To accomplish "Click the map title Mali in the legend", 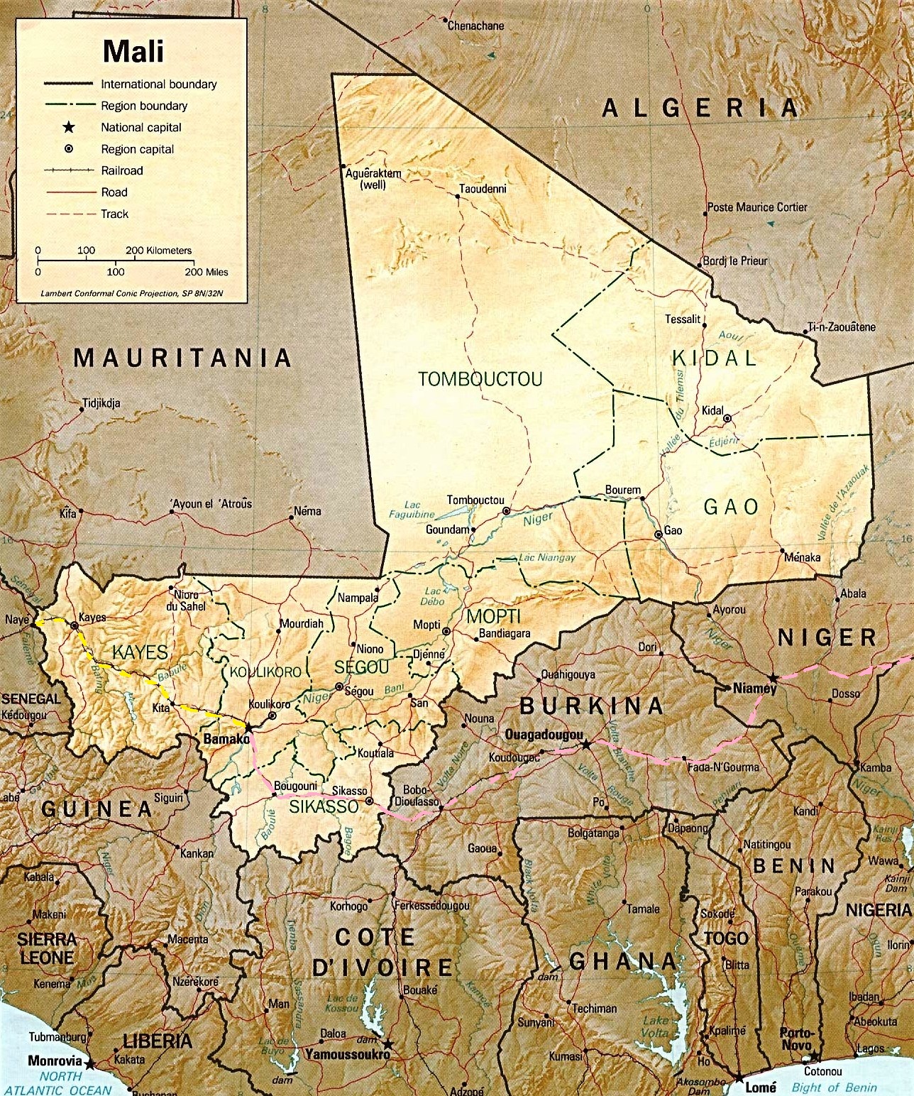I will (133, 52).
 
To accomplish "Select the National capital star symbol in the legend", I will (68, 128).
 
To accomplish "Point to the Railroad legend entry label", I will (121, 170).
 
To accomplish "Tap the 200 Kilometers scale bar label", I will (158, 251).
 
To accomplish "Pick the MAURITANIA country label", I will (183, 357).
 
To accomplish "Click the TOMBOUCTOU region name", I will (480, 378).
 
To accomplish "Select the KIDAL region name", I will (714, 357).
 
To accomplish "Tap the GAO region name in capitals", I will (731, 506).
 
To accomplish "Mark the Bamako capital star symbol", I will (248, 727).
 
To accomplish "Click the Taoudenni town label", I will (483, 189).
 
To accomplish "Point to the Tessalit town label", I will (683, 319).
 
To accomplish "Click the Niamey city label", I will (755, 688).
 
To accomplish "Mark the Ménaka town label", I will (802, 557).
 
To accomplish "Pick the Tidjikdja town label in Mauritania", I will (101, 403).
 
